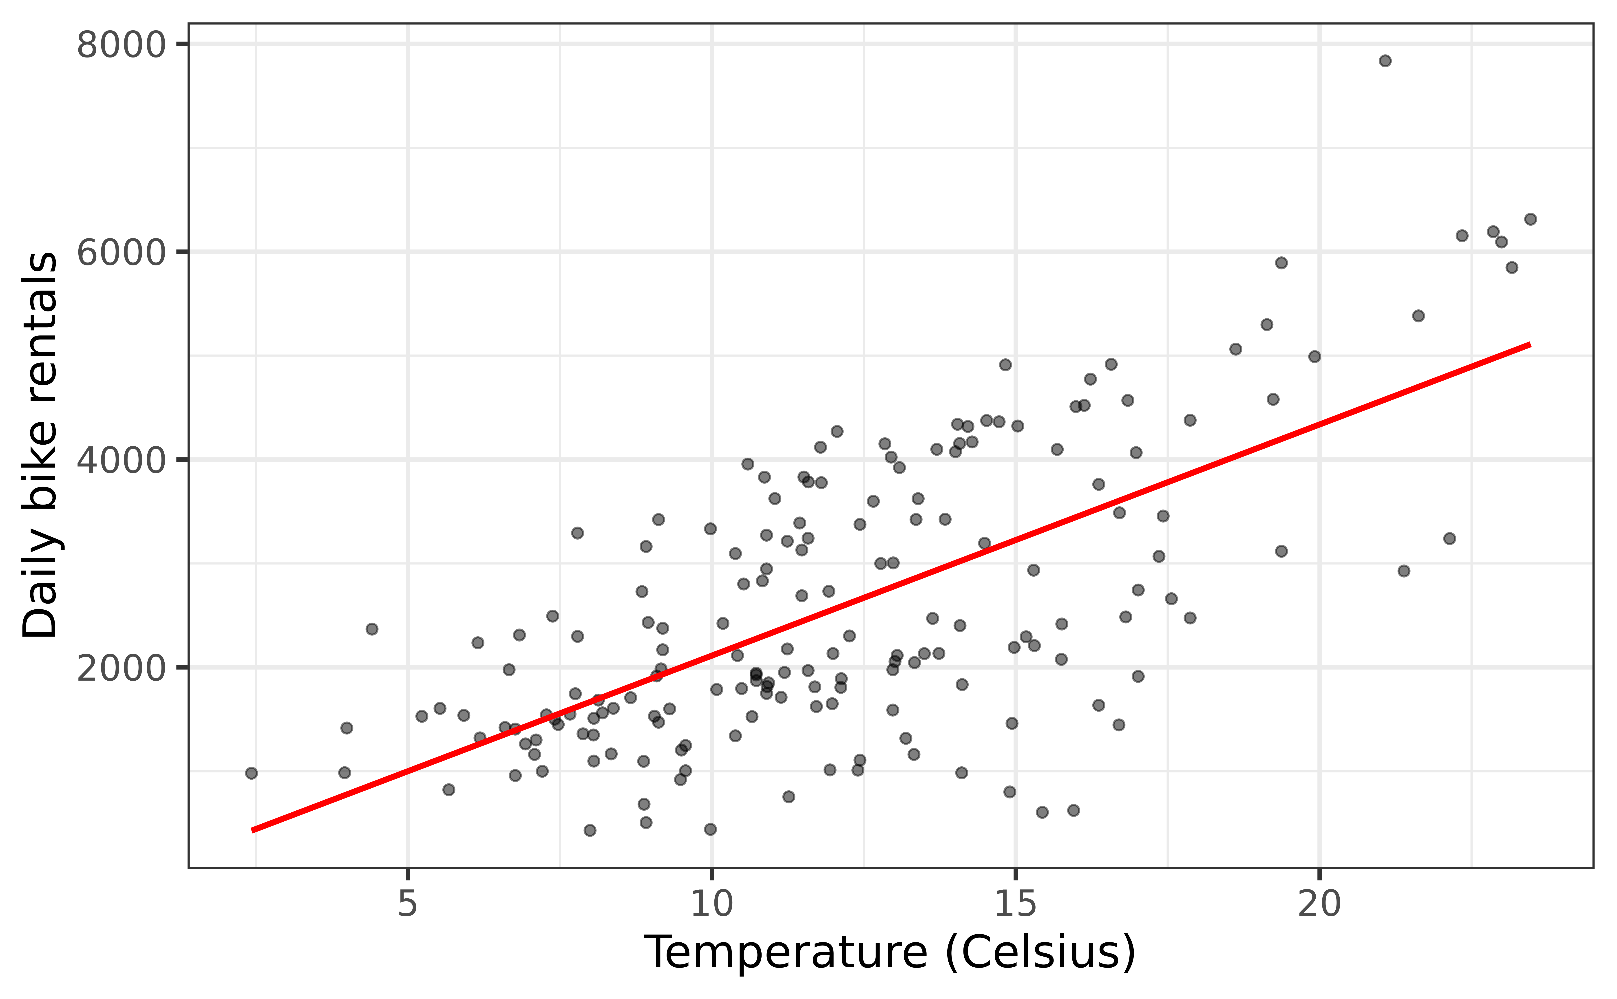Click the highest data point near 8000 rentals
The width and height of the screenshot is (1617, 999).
1385,61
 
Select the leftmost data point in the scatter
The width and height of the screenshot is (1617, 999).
251,773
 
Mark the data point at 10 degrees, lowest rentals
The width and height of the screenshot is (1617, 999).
710,829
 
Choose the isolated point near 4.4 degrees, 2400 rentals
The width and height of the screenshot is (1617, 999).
372,629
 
